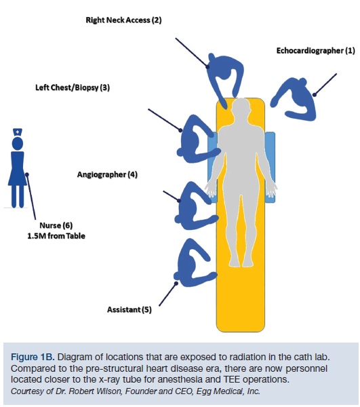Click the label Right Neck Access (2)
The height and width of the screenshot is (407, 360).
123,21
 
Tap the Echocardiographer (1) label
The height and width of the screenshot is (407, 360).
315,51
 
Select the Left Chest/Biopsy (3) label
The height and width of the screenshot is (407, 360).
73,88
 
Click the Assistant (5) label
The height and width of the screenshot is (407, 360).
129,310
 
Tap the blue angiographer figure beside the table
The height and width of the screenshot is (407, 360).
193,203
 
